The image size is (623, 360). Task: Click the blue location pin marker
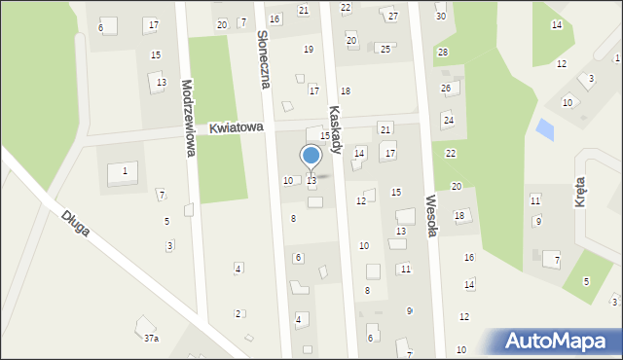point(311,157)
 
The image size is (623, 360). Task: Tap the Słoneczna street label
point(262,57)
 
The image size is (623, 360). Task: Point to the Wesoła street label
point(433,215)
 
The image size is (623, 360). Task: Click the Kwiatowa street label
point(237,127)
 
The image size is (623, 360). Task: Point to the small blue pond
point(545,127)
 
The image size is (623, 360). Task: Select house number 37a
point(151,339)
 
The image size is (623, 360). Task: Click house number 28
point(443,52)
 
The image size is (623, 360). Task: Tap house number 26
point(446,89)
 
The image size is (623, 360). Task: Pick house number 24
point(449,120)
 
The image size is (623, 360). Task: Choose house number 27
point(392,17)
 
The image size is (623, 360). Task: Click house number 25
point(385,49)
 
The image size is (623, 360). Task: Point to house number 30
point(440,17)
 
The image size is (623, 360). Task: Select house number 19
point(309,49)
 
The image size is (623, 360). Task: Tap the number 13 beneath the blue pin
point(311,181)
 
